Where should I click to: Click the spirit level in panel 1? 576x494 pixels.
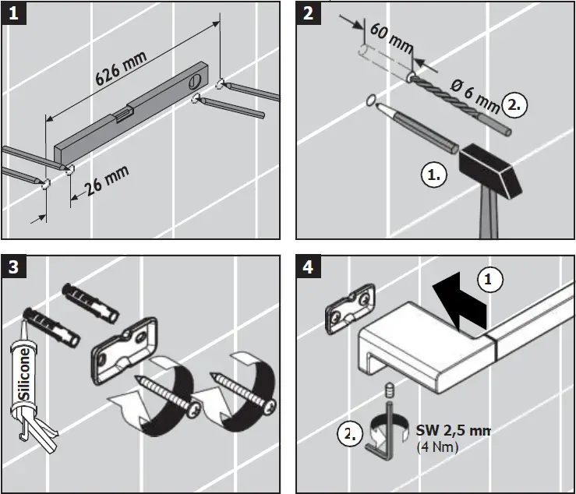click(x=133, y=117)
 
